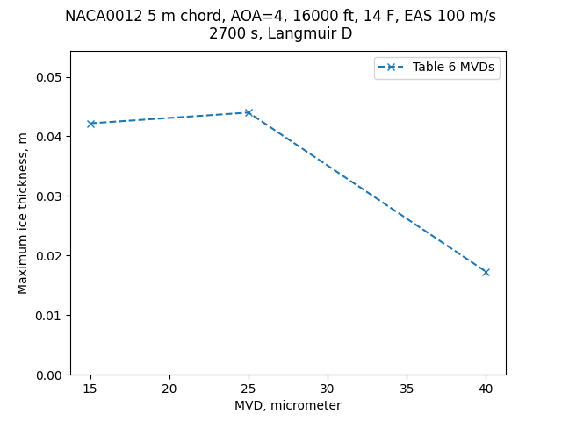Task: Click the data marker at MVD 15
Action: pos(90,124)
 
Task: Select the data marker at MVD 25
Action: pos(249,112)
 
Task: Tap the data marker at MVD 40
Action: pos(486,272)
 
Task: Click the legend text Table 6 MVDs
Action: pos(453,68)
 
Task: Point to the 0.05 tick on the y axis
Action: pos(50,77)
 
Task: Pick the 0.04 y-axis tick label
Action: pos(50,137)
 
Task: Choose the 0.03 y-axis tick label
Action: pos(50,196)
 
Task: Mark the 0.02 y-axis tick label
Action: pos(50,256)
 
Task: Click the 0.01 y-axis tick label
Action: pos(50,316)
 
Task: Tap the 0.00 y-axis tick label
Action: pos(50,375)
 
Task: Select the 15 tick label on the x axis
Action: pos(90,389)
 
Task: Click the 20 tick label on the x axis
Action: pos(169,389)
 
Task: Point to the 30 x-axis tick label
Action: pos(328,389)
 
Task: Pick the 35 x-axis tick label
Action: pos(407,389)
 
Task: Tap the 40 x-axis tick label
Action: pos(486,389)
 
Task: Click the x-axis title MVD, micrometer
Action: pos(288,405)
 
